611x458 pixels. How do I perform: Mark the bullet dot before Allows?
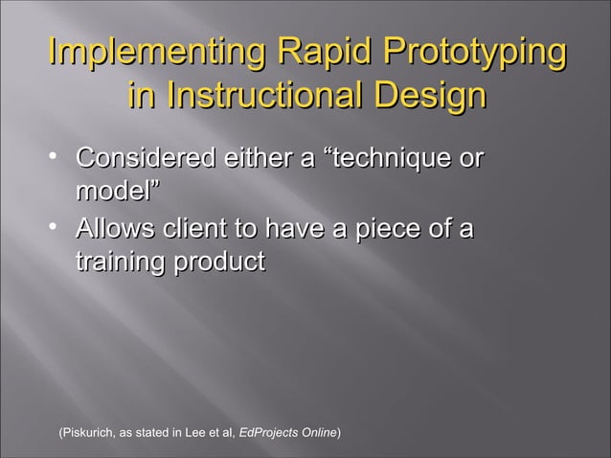point(57,228)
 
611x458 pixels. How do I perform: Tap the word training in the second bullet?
point(118,263)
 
